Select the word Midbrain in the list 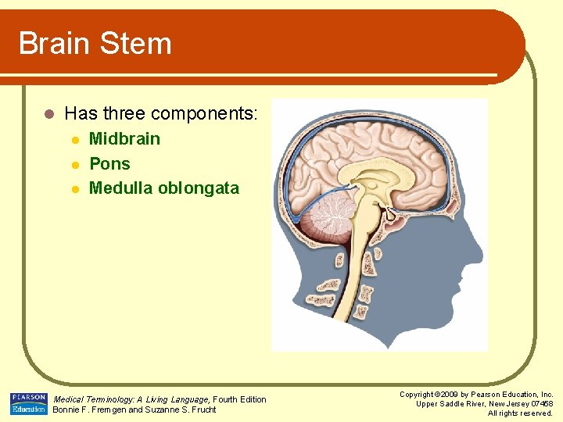tap(124, 139)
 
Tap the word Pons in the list tap(109, 164)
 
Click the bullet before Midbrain tap(75, 140)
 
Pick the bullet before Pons tap(75, 165)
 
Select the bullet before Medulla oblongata tap(75, 189)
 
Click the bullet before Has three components tap(48, 114)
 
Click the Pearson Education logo tap(28, 404)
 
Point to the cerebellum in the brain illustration tap(327, 218)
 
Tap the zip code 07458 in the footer tap(540, 404)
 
